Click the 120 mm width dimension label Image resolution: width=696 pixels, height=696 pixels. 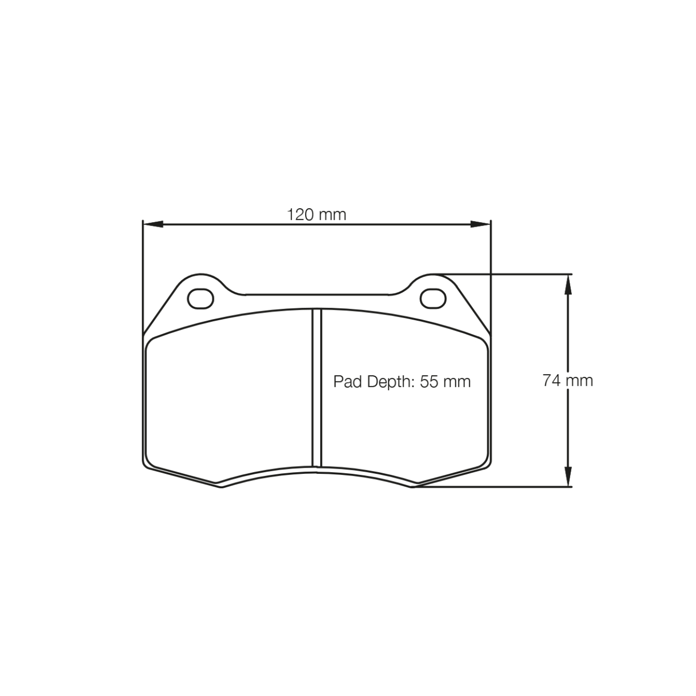[x=316, y=214]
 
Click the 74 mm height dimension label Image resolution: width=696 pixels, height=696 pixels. [x=568, y=380]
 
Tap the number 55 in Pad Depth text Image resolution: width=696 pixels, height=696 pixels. [x=428, y=382]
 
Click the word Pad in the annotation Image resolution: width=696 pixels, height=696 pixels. [x=345, y=382]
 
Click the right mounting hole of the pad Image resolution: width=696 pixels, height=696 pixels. [x=433, y=298]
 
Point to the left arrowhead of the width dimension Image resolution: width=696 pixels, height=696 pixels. [x=153, y=224]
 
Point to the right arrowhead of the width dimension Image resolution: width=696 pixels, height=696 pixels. [x=480, y=224]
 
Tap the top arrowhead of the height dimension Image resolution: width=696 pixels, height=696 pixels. [x=568, y=284]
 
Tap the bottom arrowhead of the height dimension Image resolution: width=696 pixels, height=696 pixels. [x=568, y=476]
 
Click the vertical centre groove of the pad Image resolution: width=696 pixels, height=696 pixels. [x=317, y=387]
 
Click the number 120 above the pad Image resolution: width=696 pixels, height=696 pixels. [x=301, y=214]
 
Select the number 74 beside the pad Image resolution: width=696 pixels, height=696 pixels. [x=551, y=380]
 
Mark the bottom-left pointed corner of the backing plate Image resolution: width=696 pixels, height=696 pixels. [x=221, y=486]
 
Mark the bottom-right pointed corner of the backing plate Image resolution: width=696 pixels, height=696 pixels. [x=413, y=486]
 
